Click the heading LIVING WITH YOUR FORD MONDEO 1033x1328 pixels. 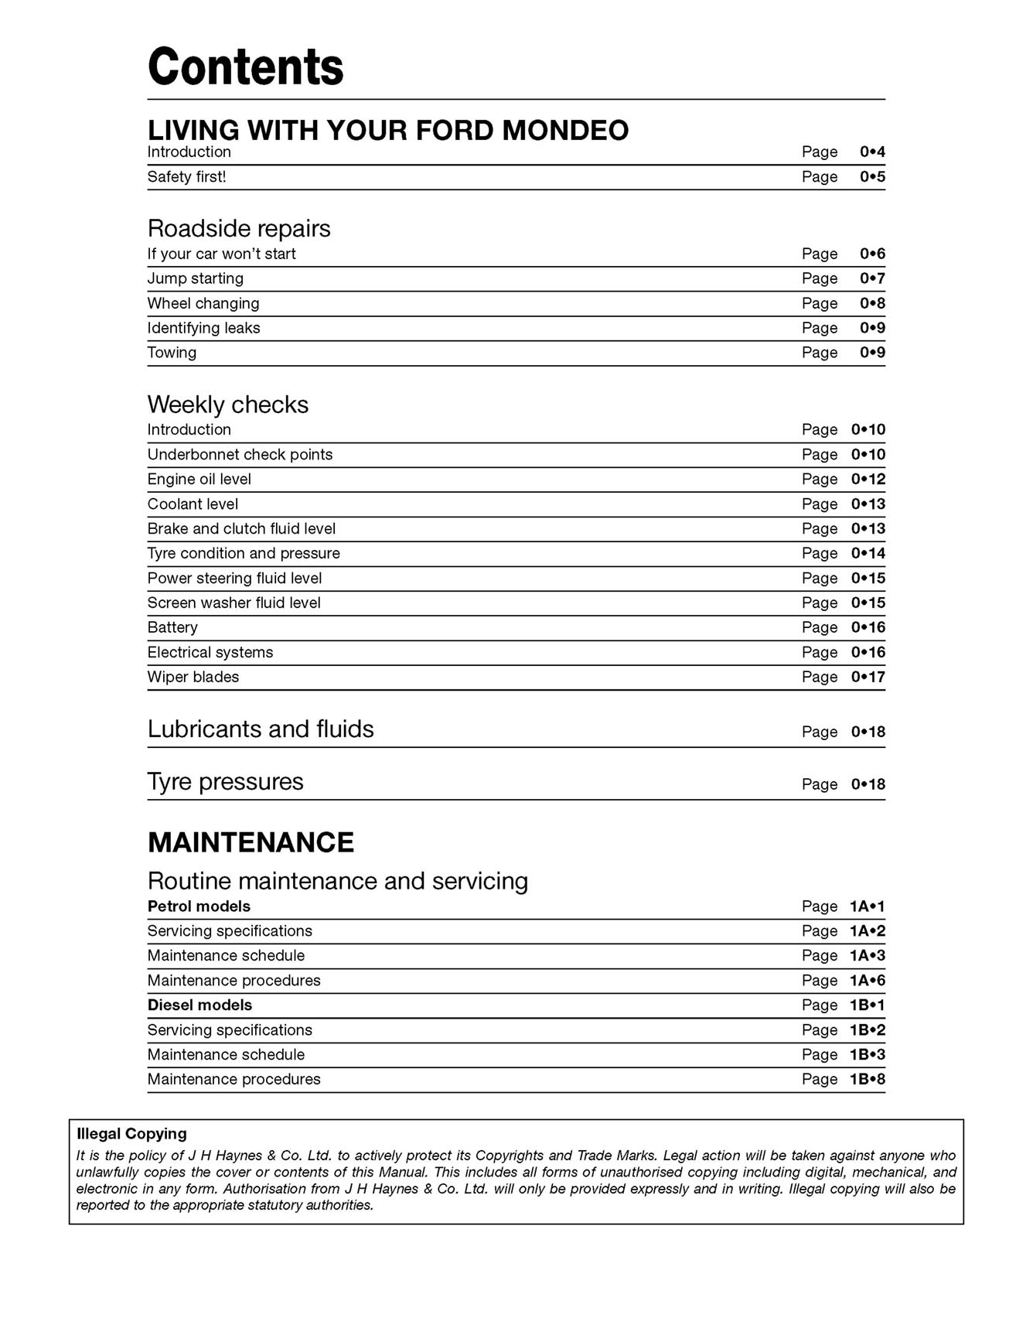[x=387, y=130]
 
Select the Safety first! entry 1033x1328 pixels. [x=186, y=177]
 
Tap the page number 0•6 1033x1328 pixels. [x=872, y=254]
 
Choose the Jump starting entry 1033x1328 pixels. [x=195, y=278]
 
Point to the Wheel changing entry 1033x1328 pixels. [x=203, y=303]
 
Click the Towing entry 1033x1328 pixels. [x=172, y=353]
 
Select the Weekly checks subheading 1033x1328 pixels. [x=227, y=405]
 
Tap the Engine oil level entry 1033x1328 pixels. [x=199, y=480]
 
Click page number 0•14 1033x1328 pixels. [x=868, y=554]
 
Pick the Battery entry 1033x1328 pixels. [x=172, y=627]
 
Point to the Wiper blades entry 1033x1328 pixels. [x=193, y=677]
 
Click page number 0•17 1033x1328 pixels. [x=868, y=677]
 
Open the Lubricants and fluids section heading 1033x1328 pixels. [x=261, y=729]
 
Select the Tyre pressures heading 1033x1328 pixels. [x=225, y=782]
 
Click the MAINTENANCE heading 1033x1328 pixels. [x=251, y=842]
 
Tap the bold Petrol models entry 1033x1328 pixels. [x=199, y=906]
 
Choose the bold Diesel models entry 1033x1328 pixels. [x=199, y=1005]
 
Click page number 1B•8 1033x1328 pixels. [x=867, y=1080]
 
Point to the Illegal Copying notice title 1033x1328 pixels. [x=131, y=1134]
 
